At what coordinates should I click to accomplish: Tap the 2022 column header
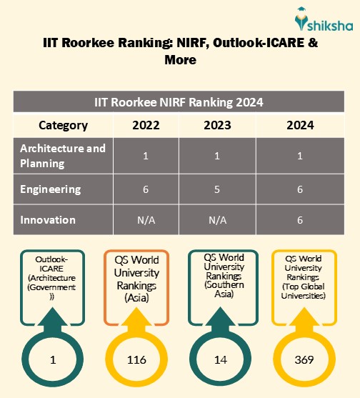(146, 125)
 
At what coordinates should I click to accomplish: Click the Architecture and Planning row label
(63, 155)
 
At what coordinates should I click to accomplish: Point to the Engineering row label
(50, 189)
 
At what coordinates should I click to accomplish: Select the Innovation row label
(49, 220)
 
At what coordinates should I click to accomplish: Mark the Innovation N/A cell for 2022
(146, 220)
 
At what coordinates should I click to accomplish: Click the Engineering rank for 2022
(146, 189)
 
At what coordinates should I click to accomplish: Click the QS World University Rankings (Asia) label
(136, 280)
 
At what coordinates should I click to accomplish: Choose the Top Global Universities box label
(304, 280)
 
